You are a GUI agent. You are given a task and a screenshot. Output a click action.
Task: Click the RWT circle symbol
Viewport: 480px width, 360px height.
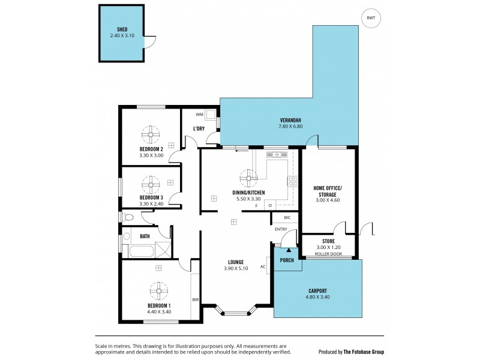(x=371, y=18)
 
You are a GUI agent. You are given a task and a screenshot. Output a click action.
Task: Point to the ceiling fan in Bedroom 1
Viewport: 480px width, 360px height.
(x=160, y=292)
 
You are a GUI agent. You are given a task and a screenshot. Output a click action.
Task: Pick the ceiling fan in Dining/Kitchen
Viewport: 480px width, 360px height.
(x=248, y=176)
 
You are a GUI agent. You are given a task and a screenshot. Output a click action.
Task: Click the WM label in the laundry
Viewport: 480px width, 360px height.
(x=200, y=114)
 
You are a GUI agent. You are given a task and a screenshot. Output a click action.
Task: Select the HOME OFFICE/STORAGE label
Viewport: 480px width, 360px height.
(x=328, y=191)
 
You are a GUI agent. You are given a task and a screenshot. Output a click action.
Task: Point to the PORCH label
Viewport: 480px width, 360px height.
(x=287, y=260)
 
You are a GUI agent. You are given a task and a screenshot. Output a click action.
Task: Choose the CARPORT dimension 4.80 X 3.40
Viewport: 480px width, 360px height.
(x=318, y=297)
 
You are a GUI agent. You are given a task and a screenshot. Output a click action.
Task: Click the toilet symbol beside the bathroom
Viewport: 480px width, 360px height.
(x=127, y=217)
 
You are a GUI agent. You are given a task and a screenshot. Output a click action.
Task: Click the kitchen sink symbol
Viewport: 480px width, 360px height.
(x=277, y=155)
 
